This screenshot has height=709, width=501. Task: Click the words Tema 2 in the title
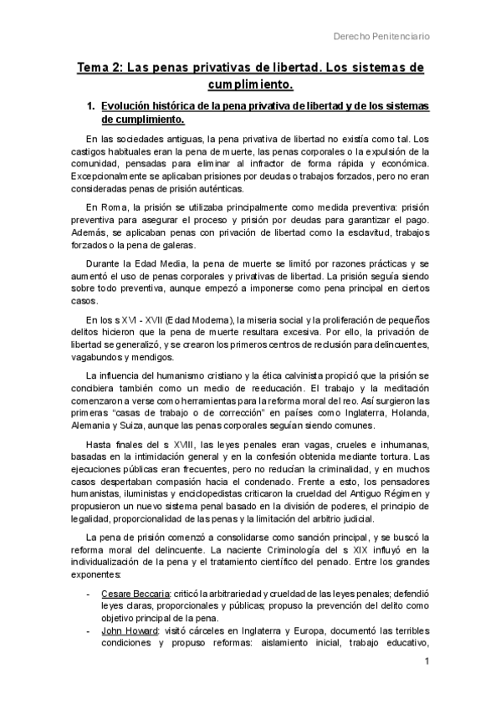(100, 69)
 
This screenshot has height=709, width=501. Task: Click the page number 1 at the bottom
(427, 663)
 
